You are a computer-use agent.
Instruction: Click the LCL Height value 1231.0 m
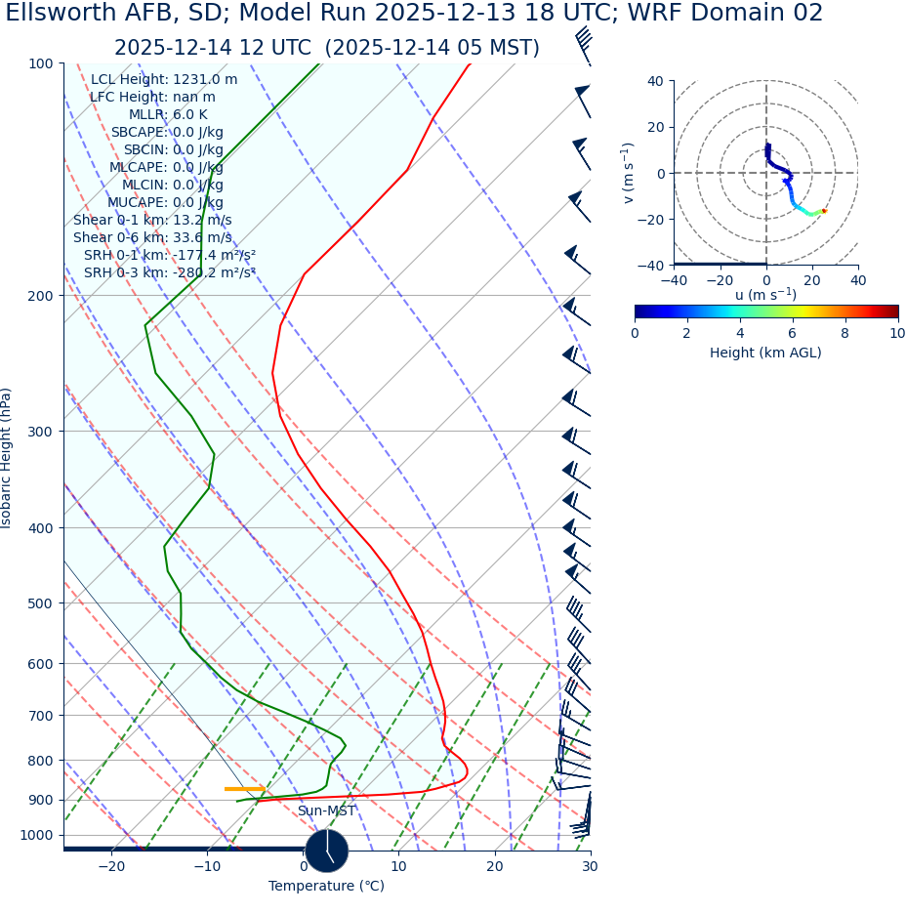[204, 80]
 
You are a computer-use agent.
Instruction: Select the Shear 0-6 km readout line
[152, 238]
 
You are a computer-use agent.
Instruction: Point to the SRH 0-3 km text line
[169, 273]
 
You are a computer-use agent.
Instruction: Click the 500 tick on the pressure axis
[39, 603]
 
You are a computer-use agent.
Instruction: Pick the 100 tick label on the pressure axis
[39, 64]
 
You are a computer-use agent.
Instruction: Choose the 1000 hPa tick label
[36, 836]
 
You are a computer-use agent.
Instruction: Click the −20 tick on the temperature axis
[111, 867]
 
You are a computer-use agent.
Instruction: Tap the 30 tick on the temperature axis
[590, 867]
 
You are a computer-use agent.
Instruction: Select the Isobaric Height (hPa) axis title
[7, 458]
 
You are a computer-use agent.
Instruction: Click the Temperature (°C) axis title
[326, 887]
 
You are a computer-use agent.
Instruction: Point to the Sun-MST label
[326, 811]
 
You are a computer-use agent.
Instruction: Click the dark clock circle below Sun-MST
[326, 851]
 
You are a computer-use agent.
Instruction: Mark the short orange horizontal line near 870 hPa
[244, 789]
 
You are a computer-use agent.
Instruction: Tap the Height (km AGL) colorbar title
[765, 353]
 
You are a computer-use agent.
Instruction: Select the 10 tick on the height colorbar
[896, 334]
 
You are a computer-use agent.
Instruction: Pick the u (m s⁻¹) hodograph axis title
[765, 295]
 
